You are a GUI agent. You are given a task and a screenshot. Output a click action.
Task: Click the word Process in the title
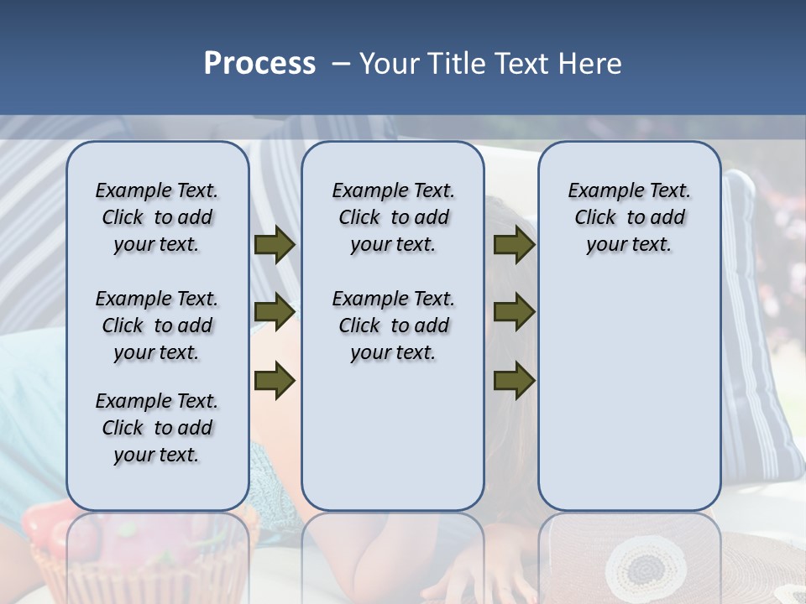259,64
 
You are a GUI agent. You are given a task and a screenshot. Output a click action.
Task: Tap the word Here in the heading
589,64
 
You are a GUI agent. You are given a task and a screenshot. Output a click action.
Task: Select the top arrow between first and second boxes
275,245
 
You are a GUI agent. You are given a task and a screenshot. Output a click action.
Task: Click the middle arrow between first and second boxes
275,311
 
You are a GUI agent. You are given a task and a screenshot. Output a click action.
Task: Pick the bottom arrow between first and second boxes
275,380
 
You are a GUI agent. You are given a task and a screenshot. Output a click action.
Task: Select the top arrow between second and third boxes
514,245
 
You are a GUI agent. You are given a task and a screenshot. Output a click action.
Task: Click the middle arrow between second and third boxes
514,311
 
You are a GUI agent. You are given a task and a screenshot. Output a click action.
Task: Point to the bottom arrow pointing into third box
514,380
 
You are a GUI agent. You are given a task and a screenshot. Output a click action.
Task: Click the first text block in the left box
157,217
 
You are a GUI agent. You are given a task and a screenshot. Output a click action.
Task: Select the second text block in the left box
157,325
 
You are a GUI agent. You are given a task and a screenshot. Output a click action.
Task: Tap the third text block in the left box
157,428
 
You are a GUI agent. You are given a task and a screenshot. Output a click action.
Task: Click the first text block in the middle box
393,217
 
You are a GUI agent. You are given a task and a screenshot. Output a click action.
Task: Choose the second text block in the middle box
393,325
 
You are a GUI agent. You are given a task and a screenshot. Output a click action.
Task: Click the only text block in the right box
629,217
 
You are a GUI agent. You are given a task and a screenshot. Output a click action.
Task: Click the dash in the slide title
341,64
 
